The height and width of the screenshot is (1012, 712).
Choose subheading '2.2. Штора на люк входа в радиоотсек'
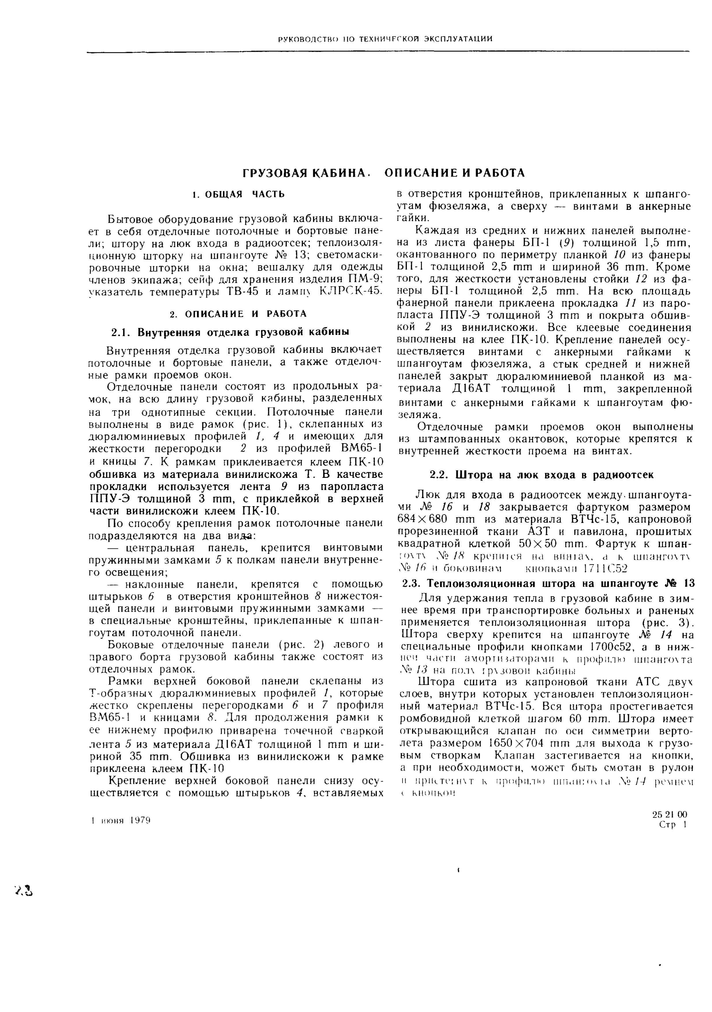point(541,475)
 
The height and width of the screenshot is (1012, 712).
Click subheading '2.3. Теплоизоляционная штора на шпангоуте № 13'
point(549,584)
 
